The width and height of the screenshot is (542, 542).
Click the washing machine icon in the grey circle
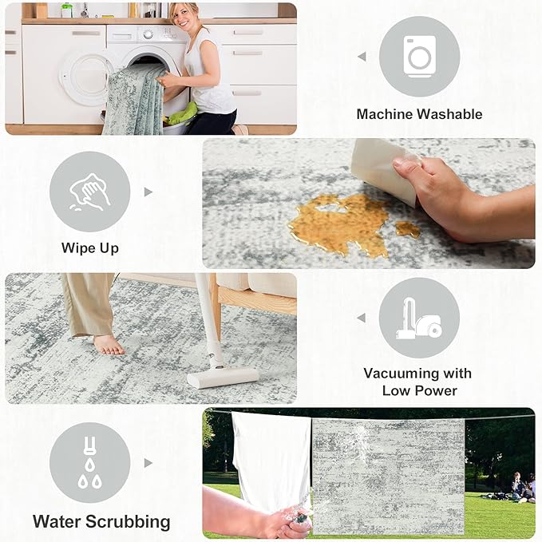(419, 56)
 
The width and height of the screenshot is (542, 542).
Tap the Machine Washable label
(419, 114)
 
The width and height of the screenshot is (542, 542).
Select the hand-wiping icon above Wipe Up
(89, 192)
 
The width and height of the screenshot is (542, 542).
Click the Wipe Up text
(90, 248)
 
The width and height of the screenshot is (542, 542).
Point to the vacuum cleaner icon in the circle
(419, 318)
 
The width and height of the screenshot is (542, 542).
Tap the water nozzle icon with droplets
(89, 463)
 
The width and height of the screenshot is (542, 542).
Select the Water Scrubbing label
(101, 522)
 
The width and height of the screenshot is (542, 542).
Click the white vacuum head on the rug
(223, 377)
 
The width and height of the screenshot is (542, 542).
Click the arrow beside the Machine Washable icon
(362, 57)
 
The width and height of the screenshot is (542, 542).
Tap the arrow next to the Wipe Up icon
(148, 192)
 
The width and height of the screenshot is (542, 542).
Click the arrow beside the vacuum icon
(362, 318)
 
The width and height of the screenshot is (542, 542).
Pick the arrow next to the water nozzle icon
(148, 463)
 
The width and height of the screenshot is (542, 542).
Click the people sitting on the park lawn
(519, 487)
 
